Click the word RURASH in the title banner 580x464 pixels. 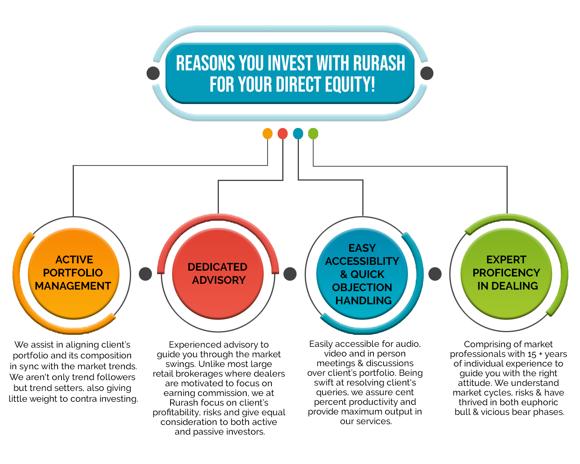[x=379, y=63]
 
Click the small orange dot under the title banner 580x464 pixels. [x=267, y=133]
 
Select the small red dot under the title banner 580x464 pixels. [x=282, y=133]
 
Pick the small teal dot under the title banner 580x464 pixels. [x=298, y=133]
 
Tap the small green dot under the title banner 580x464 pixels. [x=313, y=133]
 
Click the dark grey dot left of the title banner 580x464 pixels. [x=153, y=73]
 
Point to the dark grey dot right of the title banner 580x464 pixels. [x=426, y=73]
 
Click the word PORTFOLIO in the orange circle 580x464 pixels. [x=73, y=273]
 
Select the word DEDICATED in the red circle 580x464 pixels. [x=217, y=267]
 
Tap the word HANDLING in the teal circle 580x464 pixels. [x=363, y=300]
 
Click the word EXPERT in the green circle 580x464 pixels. [x=506, y=259]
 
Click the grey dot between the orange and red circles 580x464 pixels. [x=145, y=274]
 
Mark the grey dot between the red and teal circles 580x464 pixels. [x=290, y=274]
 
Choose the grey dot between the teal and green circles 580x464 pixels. [x=435, y=274]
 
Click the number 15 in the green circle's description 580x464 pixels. [x=532, y=354]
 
